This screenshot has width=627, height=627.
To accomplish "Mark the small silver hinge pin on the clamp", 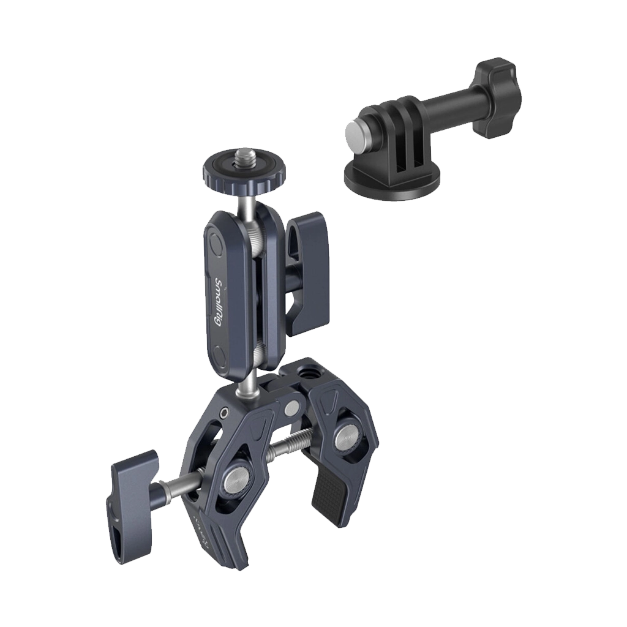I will click(x=291, y=408).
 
